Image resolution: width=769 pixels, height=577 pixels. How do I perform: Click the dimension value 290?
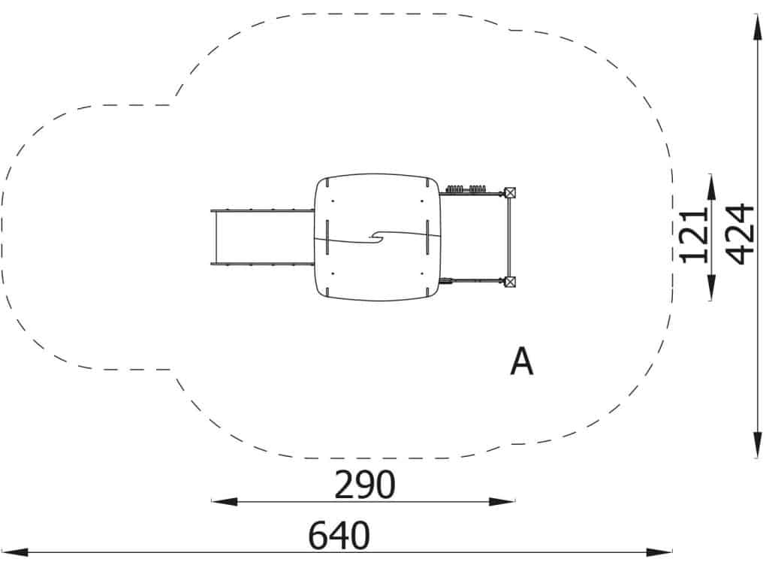coord(364,485)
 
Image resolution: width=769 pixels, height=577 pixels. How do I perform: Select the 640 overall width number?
coord(339,535)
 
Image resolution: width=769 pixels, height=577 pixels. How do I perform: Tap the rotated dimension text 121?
coord(693,235)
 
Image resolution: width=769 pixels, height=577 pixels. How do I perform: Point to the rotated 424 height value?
coord(739,234)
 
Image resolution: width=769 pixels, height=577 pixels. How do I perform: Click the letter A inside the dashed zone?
coord(521,361)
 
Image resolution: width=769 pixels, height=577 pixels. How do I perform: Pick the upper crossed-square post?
coord(510,193)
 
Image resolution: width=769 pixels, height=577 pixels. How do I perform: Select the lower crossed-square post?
coord(510,282)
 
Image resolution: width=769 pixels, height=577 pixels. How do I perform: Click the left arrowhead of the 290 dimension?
coord(224,501)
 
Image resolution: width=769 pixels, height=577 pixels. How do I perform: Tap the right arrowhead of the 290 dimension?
coord(502,501)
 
